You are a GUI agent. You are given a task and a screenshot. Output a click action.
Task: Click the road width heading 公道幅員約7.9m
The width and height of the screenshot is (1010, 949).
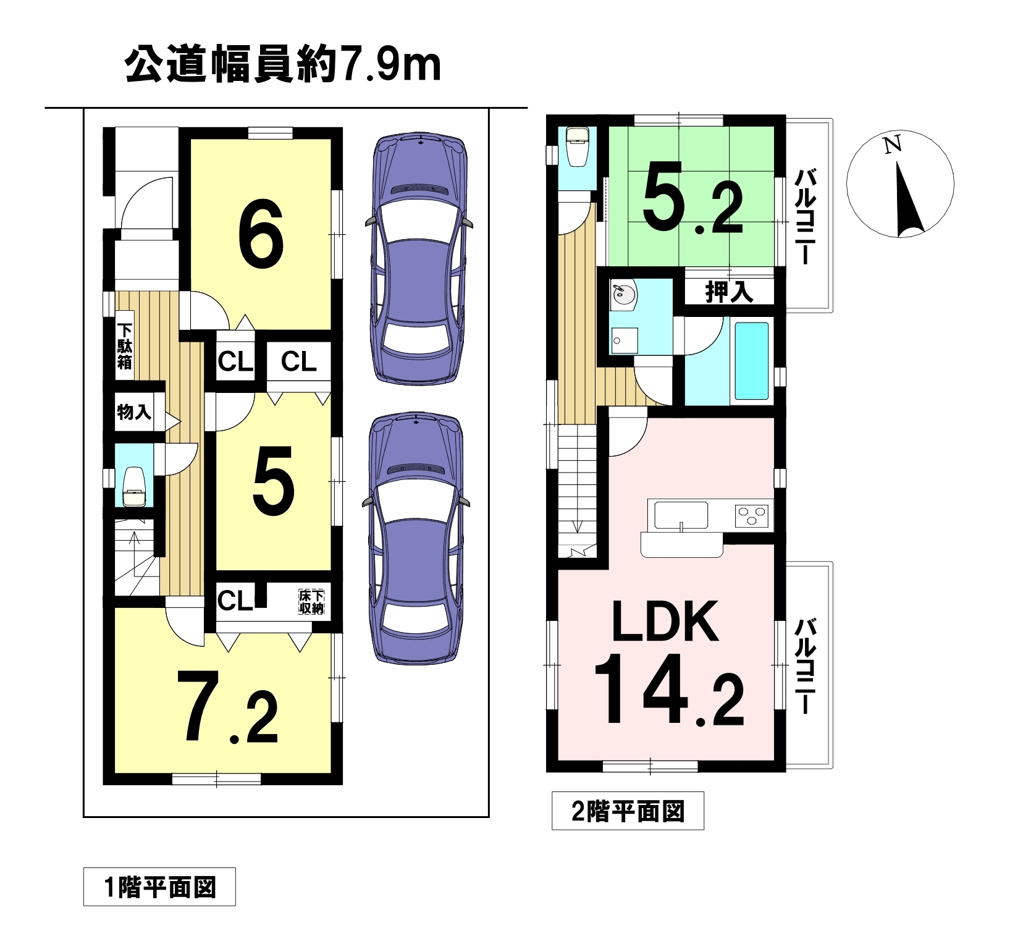283,65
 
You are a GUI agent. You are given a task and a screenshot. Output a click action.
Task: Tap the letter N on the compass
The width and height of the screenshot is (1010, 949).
892,145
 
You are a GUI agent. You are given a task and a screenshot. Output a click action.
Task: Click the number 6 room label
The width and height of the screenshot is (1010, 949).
261,234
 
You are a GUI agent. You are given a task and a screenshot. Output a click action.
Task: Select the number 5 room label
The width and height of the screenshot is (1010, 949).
273,482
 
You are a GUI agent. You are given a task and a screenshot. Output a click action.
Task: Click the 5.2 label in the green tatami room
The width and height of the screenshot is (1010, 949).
692,197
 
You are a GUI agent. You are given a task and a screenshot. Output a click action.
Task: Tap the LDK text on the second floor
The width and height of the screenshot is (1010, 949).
665,621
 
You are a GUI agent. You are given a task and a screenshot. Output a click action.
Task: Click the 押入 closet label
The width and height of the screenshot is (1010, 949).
729,292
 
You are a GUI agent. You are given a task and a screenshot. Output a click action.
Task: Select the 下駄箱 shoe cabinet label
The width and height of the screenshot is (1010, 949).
125,346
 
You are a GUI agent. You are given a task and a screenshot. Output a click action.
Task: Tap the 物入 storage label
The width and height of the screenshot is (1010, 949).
134,411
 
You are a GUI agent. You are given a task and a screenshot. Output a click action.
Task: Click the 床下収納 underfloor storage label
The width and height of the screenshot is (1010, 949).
311,602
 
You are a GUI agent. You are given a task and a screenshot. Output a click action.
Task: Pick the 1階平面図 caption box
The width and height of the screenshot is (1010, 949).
159,888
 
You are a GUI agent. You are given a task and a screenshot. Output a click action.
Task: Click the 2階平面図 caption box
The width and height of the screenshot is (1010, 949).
628,811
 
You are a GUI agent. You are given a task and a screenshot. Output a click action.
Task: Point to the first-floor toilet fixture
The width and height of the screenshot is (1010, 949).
133,486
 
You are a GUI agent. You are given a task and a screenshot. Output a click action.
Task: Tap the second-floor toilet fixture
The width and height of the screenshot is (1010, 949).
578,146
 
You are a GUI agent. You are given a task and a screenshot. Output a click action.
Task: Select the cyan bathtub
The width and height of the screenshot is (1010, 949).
751,361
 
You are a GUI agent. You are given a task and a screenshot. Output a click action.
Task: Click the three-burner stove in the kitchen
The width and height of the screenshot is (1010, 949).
752,515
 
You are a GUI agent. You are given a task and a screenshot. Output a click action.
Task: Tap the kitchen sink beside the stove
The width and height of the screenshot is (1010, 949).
681,515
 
